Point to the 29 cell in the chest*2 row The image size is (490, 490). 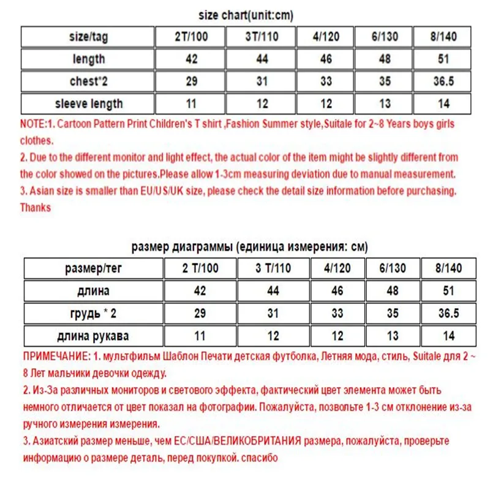coord(191,81)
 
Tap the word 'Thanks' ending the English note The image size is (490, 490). coord(36,208)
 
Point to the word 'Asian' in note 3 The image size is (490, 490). coord(43,191)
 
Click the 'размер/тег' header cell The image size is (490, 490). coord(93,268)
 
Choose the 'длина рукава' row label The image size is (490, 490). coord(93,336)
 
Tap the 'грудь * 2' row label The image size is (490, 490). coord(93,313)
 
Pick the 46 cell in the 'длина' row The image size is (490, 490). coord(336,291)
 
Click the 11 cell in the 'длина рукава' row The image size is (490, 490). coord(200,336)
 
